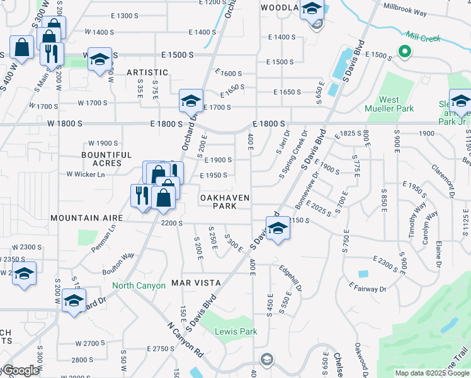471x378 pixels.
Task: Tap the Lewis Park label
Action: [x=236, y=331]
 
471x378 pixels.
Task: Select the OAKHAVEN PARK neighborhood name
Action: [x=225, y=202]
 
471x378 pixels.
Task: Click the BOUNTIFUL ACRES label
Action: [x=106, y=159]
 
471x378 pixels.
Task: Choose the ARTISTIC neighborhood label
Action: [x=147, y=72]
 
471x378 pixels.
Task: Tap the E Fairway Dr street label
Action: [x=368, y=289]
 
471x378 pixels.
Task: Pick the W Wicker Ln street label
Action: [x=85, y=174]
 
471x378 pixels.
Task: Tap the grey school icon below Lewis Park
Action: [x=266, y=359]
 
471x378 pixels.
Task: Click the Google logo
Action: [x=20, y=370]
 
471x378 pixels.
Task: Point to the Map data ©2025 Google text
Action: [x=431, y=373]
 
